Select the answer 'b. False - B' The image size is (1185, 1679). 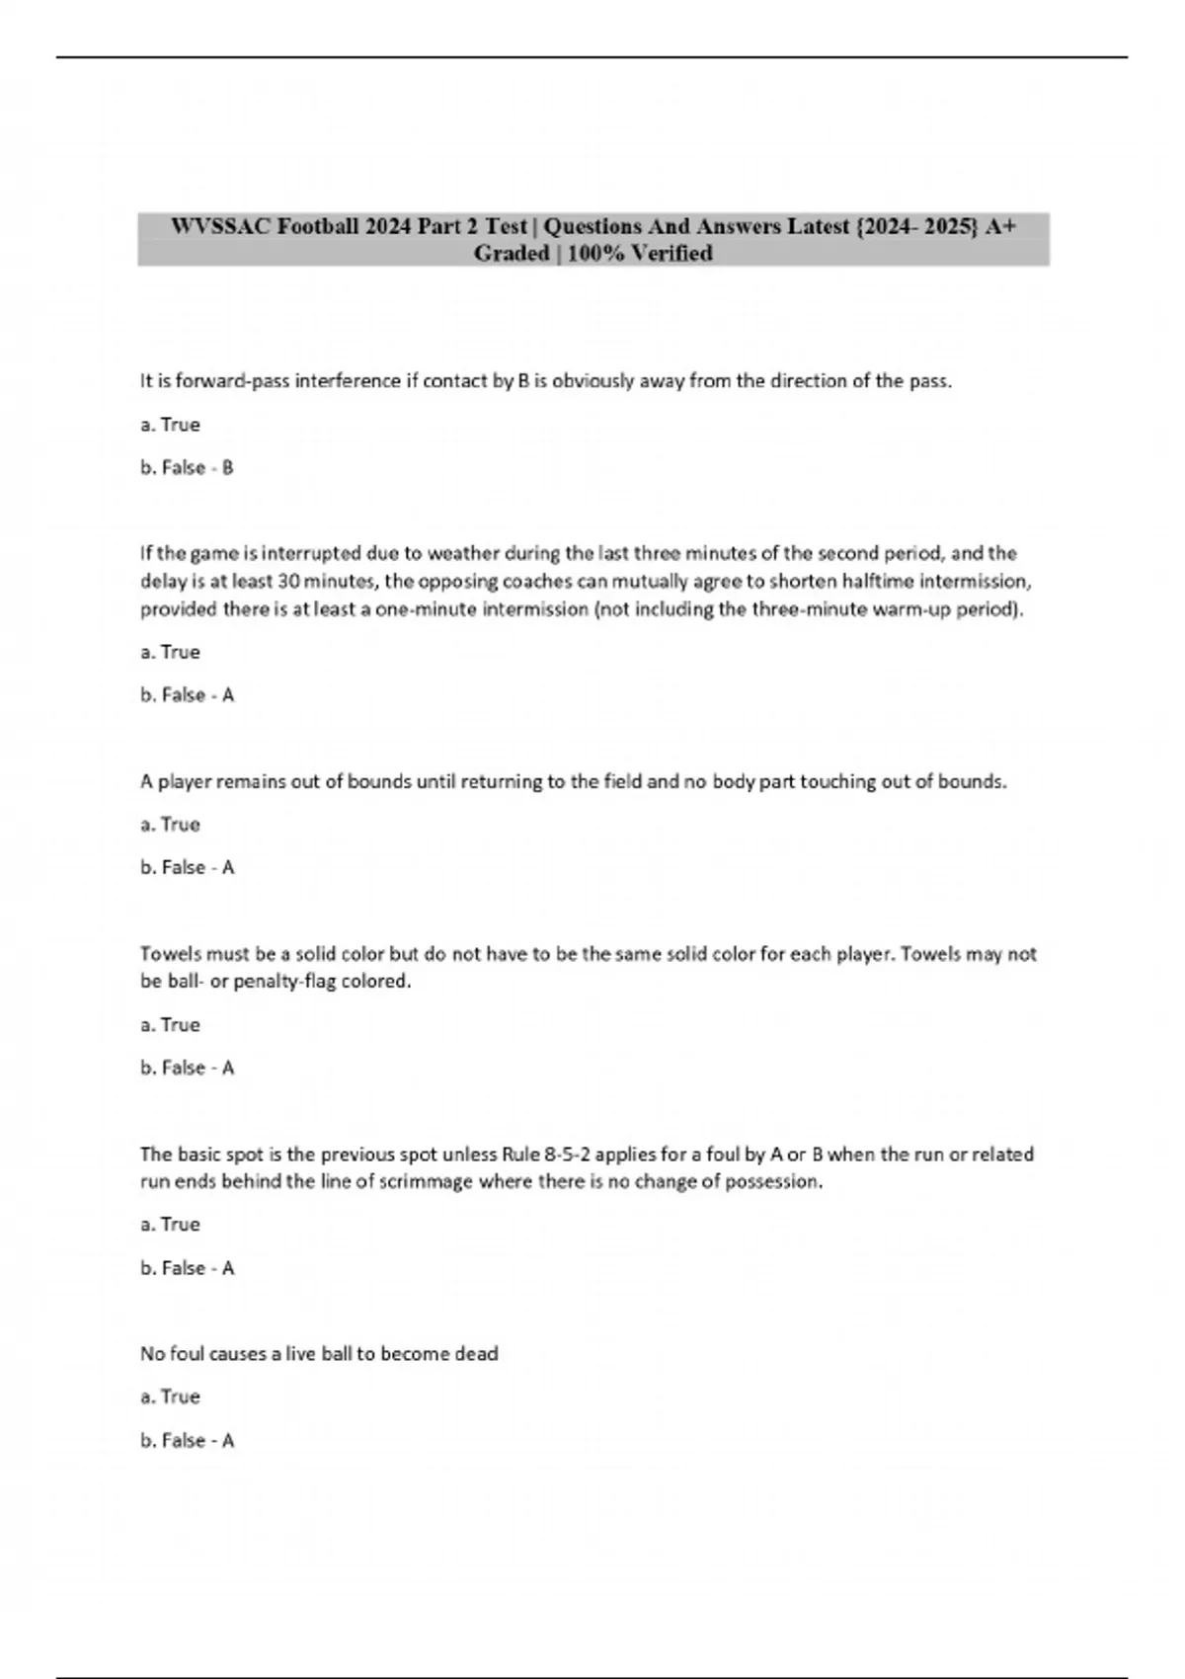[187, 468]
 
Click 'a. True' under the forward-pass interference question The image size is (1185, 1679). [170, 425]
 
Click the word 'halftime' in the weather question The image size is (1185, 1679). [877, 581]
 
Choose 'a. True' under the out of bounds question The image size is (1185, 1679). [170, 825]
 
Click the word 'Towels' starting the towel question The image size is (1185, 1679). [170, 954]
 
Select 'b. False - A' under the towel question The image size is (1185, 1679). [187, 1068]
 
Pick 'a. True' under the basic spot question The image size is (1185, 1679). [170, 1225]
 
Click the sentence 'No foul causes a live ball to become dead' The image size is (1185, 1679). [319, 1354]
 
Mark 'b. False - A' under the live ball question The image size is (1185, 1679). [187, 1441]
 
